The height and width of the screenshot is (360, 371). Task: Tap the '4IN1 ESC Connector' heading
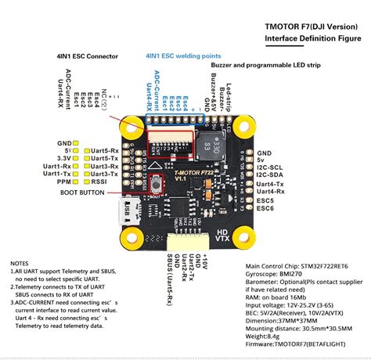coord(92,56)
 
